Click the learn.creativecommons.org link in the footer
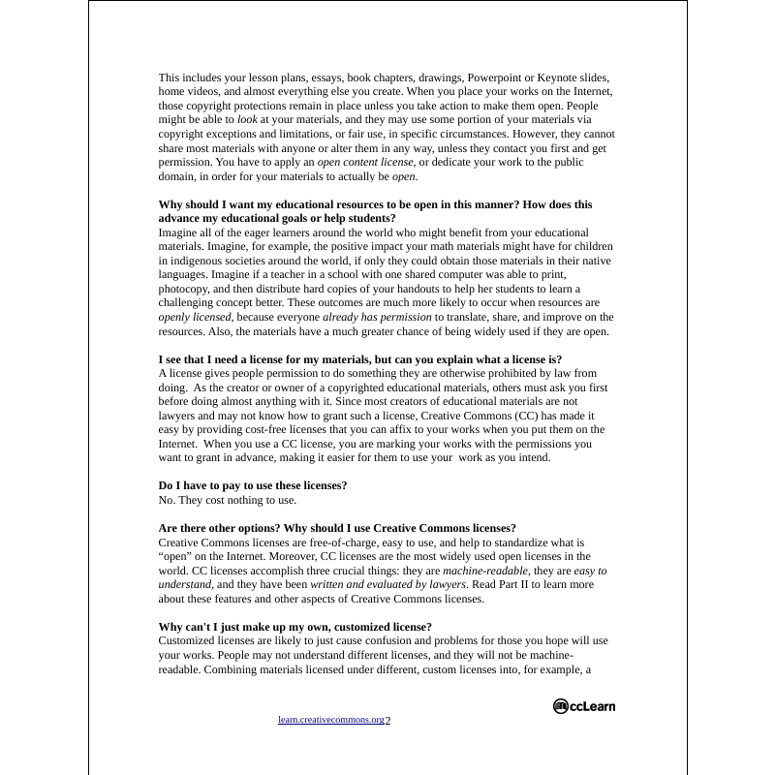coord(330,720)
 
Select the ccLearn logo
coord(584,706)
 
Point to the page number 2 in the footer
coord(387,720)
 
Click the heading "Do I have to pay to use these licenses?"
coord(252,485)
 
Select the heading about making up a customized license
coord(294,627)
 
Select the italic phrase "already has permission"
coord(377,317)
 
